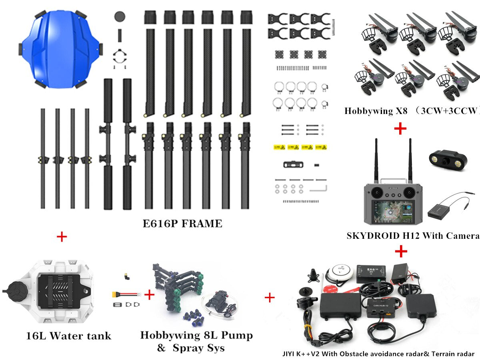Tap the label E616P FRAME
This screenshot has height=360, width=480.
[x=182, y=224]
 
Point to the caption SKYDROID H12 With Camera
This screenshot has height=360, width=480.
[x=412, y=236]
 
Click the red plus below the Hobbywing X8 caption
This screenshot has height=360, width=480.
[x=400, y=128]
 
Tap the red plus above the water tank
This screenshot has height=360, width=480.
[x=62, y=237]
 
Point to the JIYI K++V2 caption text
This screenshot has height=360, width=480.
[x=378, y=354]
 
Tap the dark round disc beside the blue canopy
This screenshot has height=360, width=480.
[x=119, y=16]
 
